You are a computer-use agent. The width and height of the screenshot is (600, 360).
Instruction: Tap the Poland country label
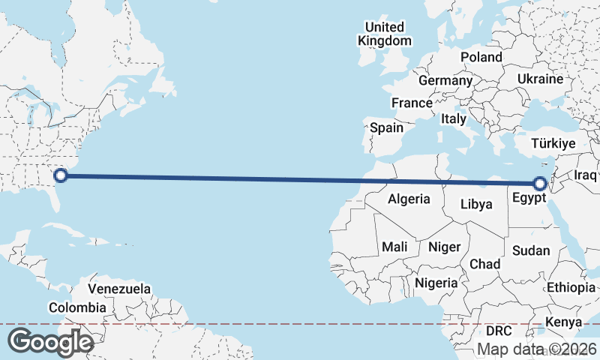[481, 57]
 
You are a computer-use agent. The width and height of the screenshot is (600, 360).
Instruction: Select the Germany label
[445, 80]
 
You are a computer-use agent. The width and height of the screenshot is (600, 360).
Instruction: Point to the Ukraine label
[540, 79]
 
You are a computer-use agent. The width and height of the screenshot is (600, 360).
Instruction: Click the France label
[412, 103]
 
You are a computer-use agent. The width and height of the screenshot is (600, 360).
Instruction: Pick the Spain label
[386, 127]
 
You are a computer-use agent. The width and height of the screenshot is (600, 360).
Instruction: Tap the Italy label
[454, 118]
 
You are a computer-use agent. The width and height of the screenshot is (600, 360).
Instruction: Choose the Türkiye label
[553, 143]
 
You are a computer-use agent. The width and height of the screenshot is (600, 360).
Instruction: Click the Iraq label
[585, 175]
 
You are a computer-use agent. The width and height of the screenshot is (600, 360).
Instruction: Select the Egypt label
[529, 199]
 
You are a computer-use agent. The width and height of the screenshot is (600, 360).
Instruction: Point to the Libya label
[477, 204]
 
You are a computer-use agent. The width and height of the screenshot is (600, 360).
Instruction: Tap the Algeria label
[409, 199]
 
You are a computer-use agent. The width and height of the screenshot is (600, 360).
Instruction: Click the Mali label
[394, 247]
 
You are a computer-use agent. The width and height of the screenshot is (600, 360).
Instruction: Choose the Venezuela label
[119, 289]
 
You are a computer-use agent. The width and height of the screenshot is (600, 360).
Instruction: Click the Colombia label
[77, 307]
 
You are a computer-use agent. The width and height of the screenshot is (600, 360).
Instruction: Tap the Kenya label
[564, 322]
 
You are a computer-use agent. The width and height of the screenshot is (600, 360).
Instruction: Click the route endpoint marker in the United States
[61, 176]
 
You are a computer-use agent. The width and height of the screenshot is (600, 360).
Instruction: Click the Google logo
[51, 343]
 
